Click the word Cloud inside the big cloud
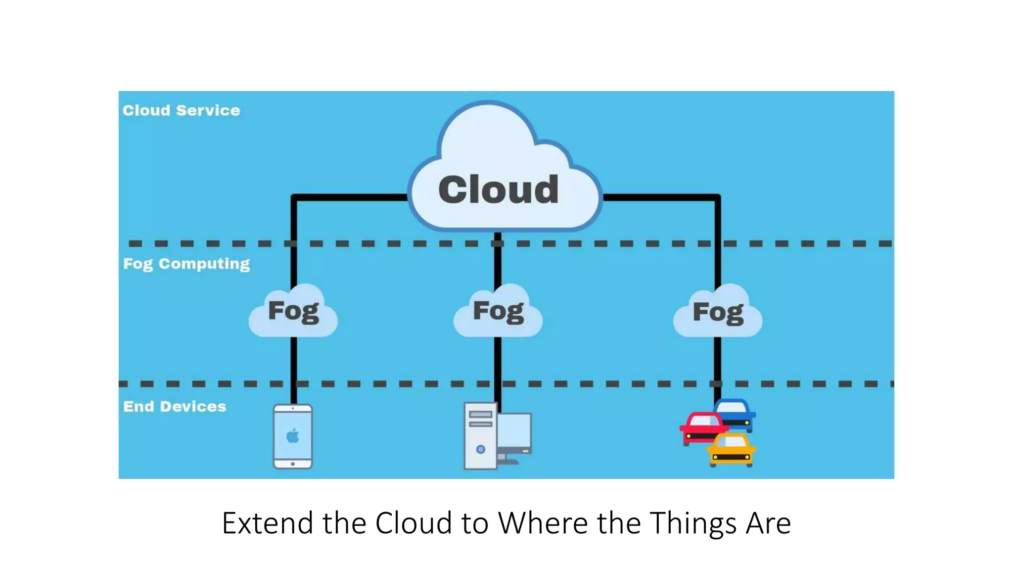click(x=498, y=190)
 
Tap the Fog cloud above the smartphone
click(x=293, y=312)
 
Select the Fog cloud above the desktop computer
click(x=498, y=312)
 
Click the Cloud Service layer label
click(x=181, y=110)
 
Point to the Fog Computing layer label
click(x=186, y=264)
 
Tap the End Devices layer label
click(x=175, y=407)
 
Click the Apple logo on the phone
click(x=293, y=436)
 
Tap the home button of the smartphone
click(x=293, y=464)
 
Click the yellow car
click(x=731, y=449)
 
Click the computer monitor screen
click(x=514, y=430)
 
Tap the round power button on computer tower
click(x=480, y=449)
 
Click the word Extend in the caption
click(x=267, y=523)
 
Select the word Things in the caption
click(x=692, y=523)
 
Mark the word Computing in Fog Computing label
click(x=204, y=264)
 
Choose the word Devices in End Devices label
click(x=193, y=407)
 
